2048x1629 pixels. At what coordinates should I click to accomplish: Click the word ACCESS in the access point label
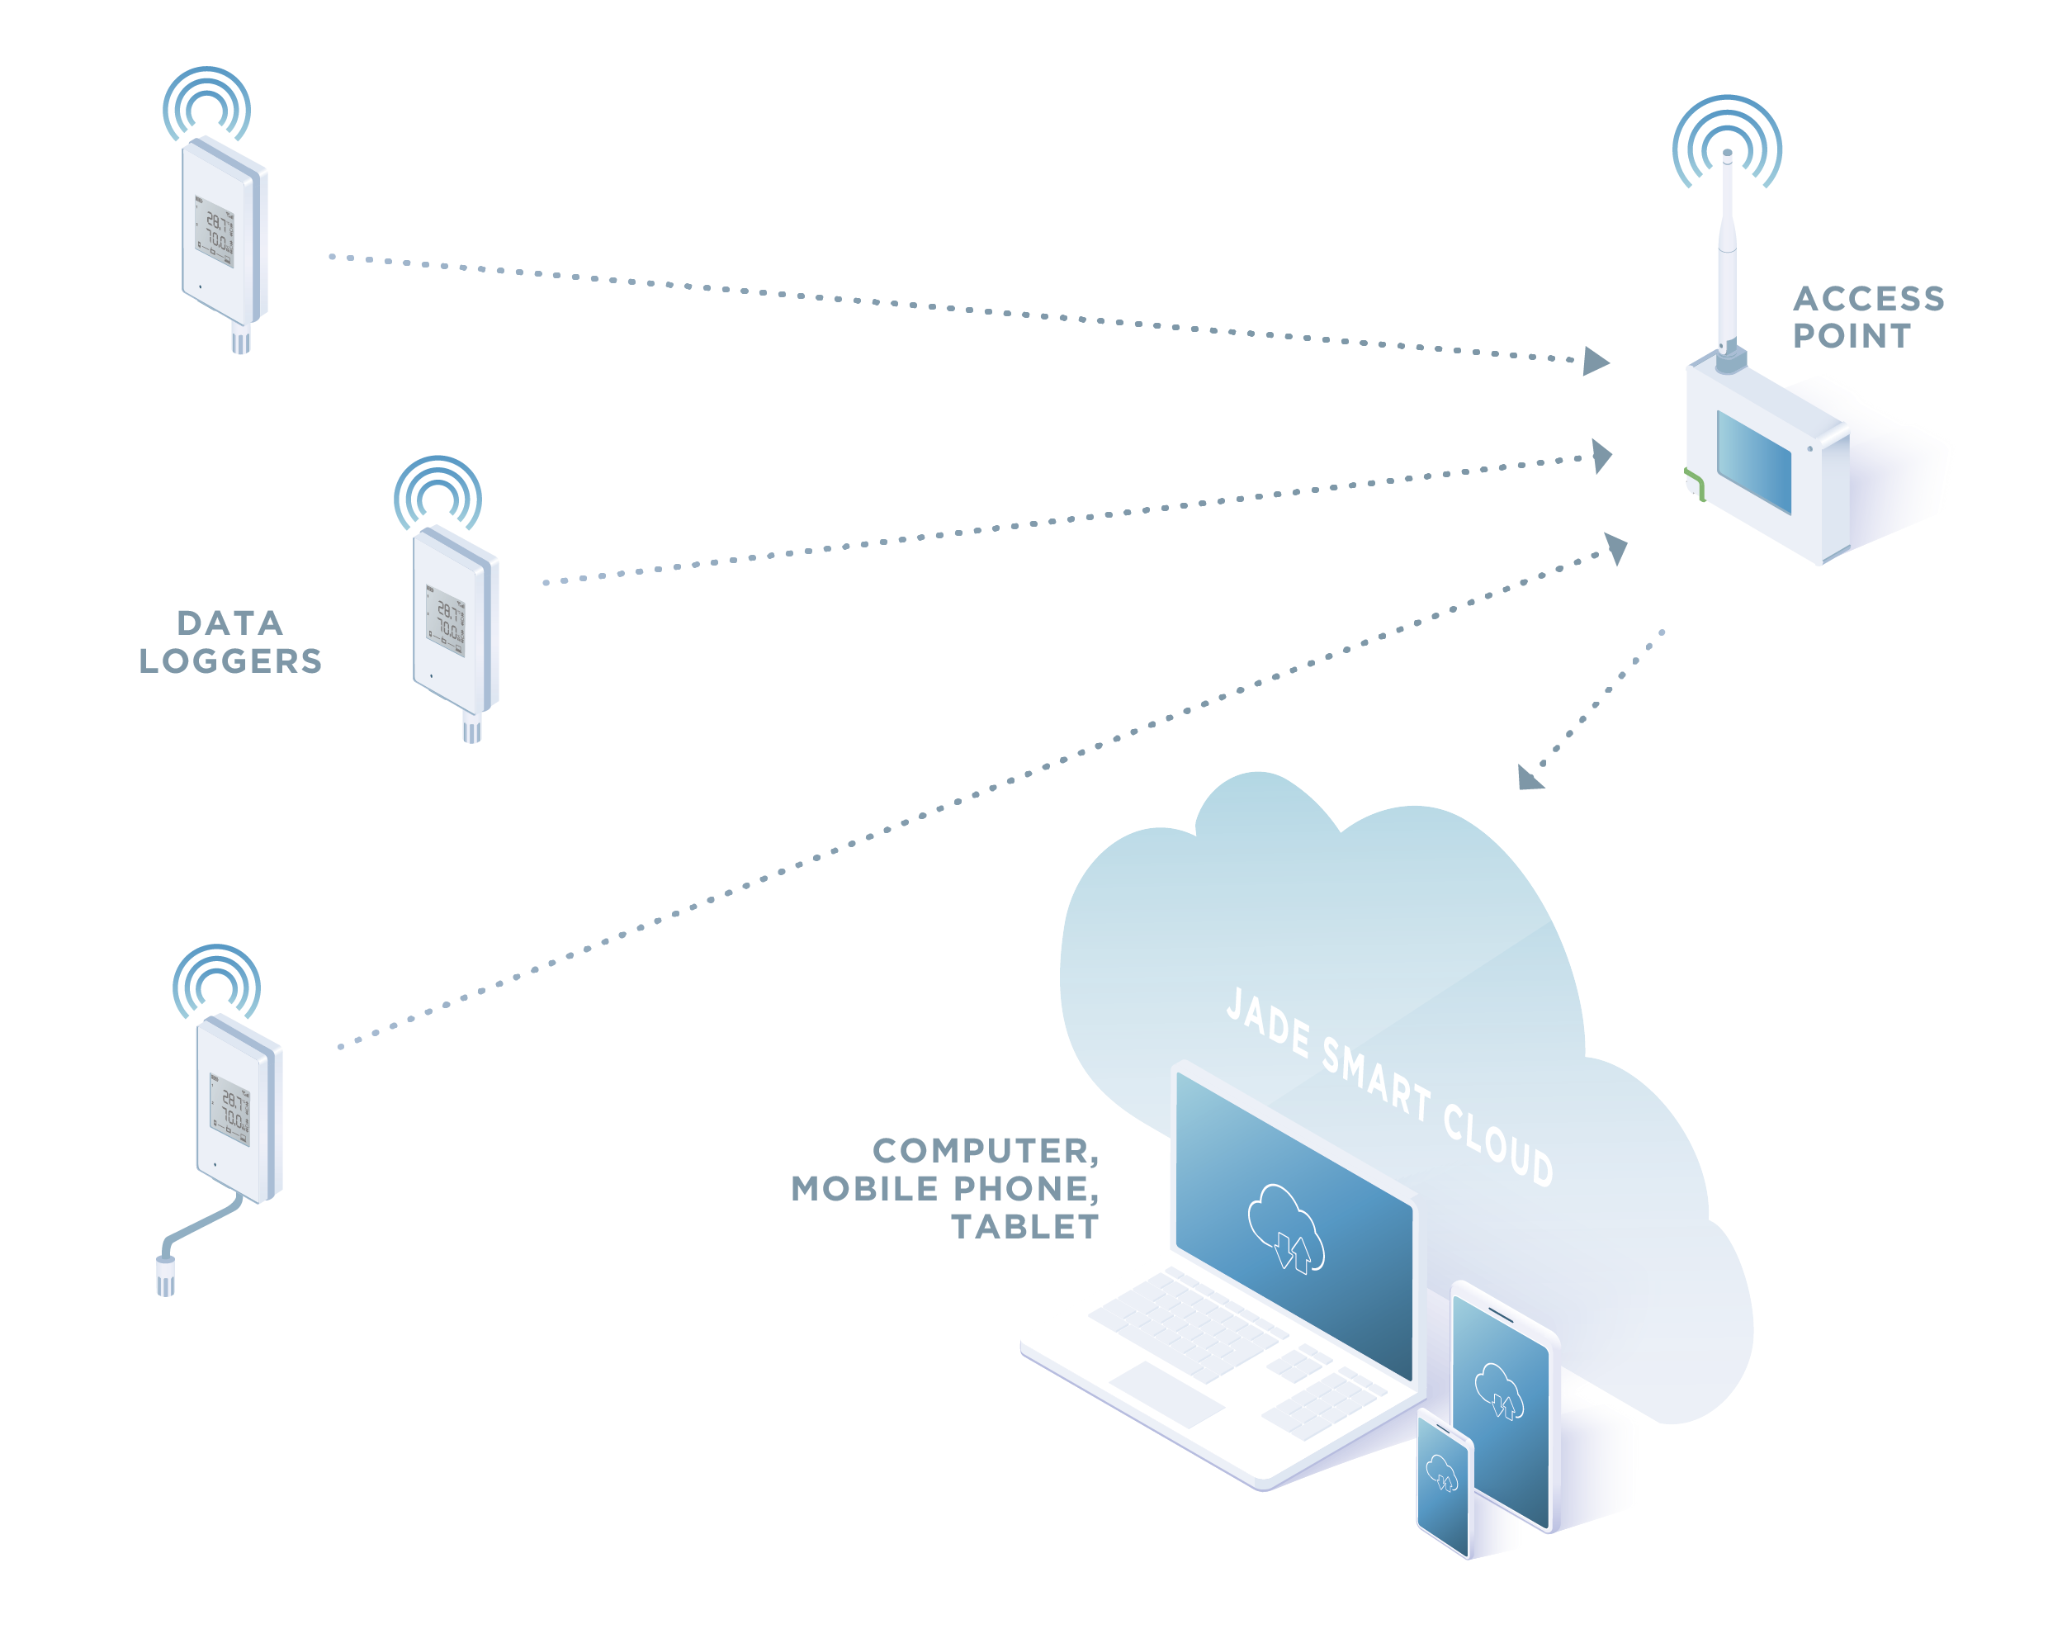(1867, 298)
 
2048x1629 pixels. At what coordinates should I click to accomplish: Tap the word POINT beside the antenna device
(1851, 335)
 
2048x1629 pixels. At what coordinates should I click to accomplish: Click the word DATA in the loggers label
(229, 623)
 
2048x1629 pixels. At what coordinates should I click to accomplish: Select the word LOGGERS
(232, 661)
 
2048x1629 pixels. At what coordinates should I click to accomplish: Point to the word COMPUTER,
(985, 1150)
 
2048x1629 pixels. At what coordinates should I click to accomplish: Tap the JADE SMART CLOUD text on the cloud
(1388, 1087)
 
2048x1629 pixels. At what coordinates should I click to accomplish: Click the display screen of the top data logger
(215, 232)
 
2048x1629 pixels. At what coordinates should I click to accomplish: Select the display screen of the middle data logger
(446, 620)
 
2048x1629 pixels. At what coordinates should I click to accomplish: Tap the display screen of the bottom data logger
(229, 1110)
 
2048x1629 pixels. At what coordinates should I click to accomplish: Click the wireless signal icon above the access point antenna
(1727, 143)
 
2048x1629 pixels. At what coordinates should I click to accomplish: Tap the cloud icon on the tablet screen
(1499, 1390)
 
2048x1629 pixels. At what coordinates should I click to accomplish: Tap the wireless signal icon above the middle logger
(438, 494)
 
